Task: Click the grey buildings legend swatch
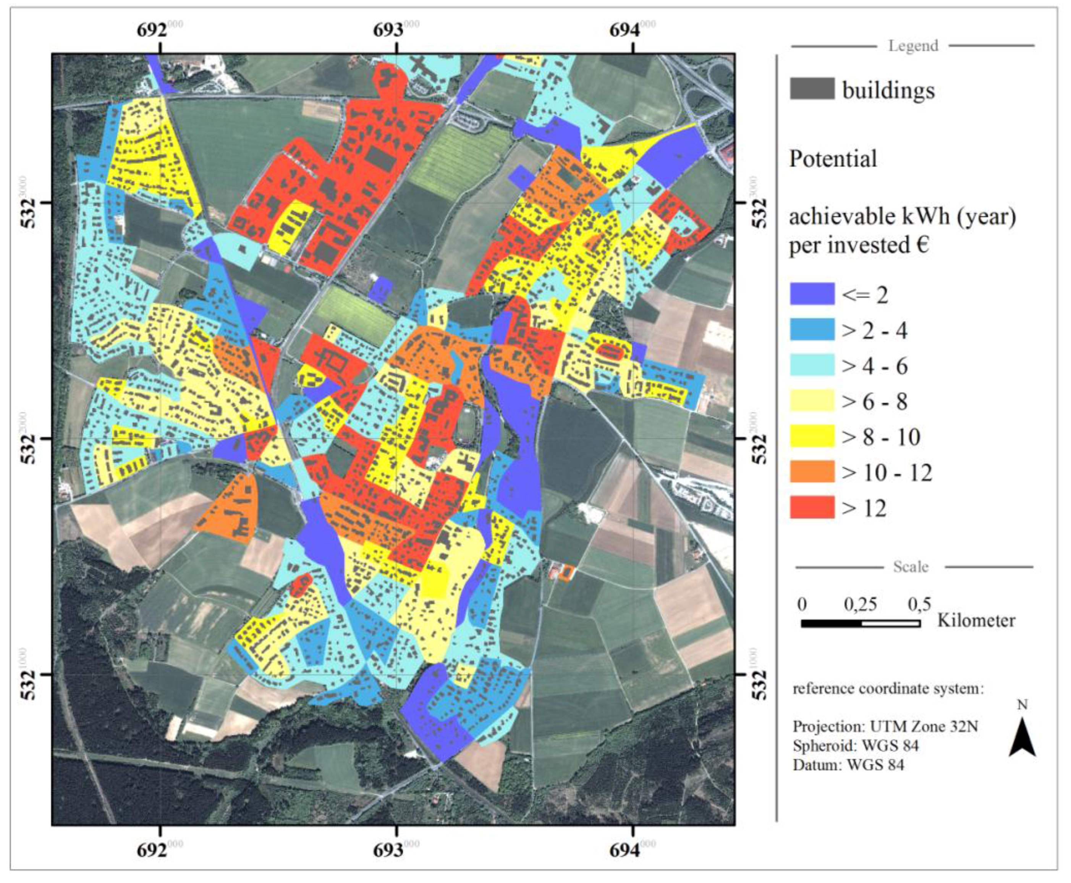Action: [812, 89]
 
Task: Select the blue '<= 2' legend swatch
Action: [812, 294]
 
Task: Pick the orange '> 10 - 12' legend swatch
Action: [812, 471]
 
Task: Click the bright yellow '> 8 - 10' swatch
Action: [812, 436]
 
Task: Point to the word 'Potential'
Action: [833, 159]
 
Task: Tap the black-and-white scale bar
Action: [860, 623]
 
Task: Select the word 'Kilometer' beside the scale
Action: [976, 620]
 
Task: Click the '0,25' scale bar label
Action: [860, 604]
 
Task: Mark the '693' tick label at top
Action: [388, 31]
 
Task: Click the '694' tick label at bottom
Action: [625, 851]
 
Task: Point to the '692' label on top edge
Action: [152, 31]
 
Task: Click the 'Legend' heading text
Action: [913, 46]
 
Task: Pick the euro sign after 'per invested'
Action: [922, 245]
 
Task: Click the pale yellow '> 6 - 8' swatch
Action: [812, 401]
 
